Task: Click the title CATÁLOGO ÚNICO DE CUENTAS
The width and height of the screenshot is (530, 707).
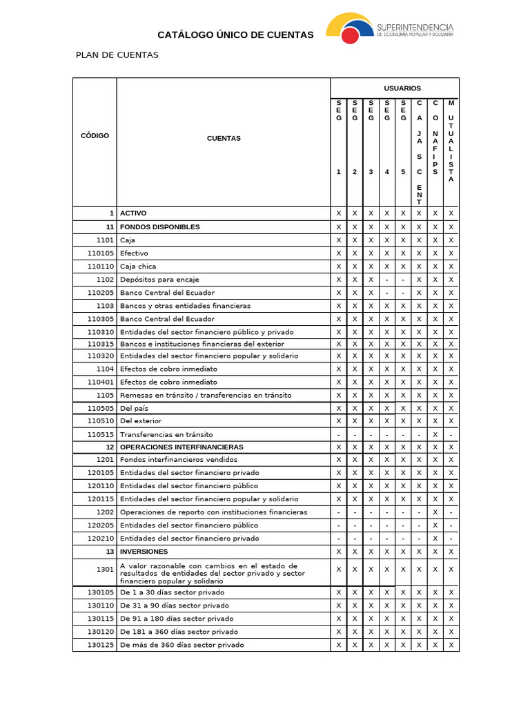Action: [235, 35]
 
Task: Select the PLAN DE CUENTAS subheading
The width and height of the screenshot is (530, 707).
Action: [117, 55]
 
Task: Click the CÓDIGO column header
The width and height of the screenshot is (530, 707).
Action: [95, 135]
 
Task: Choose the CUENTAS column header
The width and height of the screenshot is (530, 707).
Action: [224, 138]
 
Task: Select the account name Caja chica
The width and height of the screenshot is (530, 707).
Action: [138, 267]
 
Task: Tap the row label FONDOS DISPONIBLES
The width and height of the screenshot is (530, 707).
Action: [159, 227]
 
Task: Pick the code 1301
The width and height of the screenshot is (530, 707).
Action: [105, 570]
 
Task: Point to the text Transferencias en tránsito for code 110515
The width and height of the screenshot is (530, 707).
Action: [166, 435]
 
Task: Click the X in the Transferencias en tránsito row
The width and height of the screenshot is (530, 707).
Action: [435, 435]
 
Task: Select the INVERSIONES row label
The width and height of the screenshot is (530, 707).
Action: [144, 552]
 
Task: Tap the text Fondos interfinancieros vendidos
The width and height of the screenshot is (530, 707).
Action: [178, 460]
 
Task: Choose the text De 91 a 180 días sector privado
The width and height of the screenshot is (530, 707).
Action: [177, 619]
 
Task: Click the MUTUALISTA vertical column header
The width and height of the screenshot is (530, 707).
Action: [451, 142]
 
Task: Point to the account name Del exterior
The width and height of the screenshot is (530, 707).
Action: [141, 420]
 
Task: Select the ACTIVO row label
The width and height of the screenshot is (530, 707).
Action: [132, 213]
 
